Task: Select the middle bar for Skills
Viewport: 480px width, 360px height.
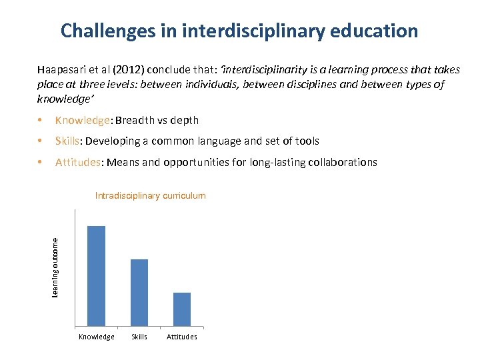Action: pyautogui.click(x=139, y=293)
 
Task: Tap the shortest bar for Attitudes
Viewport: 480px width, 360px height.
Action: pyautogui.click(x=182, y=309)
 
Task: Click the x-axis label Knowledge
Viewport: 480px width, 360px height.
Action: pyautogui.click(x=97, y=337)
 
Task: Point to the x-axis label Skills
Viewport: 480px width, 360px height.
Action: pyautogui.click(x=139, y=337)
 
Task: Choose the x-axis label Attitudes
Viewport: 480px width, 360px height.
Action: pyautogui.click(x=182, y=337)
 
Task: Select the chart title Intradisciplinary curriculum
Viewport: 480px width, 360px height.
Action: pyautogui.click(x=151, y=196)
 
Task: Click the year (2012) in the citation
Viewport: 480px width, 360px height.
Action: pyautogui.click(x=125, y=70)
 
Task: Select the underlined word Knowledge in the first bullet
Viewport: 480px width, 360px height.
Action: pyautogui.click(x=83, y=121)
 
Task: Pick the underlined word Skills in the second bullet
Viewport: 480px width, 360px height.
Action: pyautogui.click(x=67, y=141)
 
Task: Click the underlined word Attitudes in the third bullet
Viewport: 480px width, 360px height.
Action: pyautogui.click(x=79, y=162)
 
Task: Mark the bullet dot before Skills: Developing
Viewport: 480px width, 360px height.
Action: pyautogui.click(x=41, y=141)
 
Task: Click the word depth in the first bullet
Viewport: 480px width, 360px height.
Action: pyautogui.click(x=184, y=121)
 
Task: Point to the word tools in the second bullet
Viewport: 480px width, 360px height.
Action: pyautogui.click(x=306, y=141)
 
